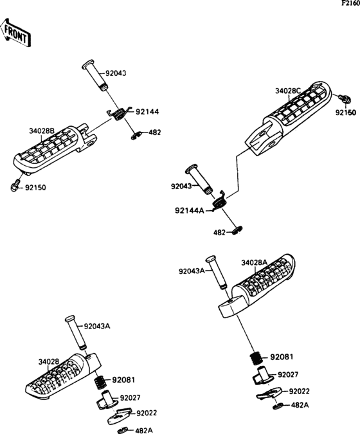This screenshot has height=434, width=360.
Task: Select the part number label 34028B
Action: tap(42, 131)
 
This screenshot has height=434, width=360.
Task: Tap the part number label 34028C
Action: tap(288, 91)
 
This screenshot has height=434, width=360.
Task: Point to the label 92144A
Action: tap(189, 211)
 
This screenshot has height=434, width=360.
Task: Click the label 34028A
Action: tap(255, 263)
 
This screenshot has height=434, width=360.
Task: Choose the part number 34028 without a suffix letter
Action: tap(49, 362)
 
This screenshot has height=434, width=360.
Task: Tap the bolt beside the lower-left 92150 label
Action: tap(15, 186)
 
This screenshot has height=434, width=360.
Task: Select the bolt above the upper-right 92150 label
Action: tap(345, 98)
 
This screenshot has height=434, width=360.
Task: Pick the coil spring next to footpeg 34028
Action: tap(100, 382)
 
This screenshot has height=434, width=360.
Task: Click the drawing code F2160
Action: tap(350, 3)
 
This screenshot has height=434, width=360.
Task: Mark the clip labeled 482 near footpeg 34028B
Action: tap(136, 135)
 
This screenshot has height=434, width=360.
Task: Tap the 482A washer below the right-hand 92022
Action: tap(276, 406)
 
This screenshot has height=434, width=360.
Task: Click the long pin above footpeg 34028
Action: tap(76, 332)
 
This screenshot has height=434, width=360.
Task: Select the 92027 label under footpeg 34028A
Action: tap(288, 375)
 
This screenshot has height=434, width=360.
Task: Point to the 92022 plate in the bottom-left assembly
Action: tap(120, 415)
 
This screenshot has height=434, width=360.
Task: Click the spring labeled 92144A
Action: tap(221, 201)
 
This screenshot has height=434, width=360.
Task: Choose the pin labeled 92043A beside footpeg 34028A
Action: tap(216, 272)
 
